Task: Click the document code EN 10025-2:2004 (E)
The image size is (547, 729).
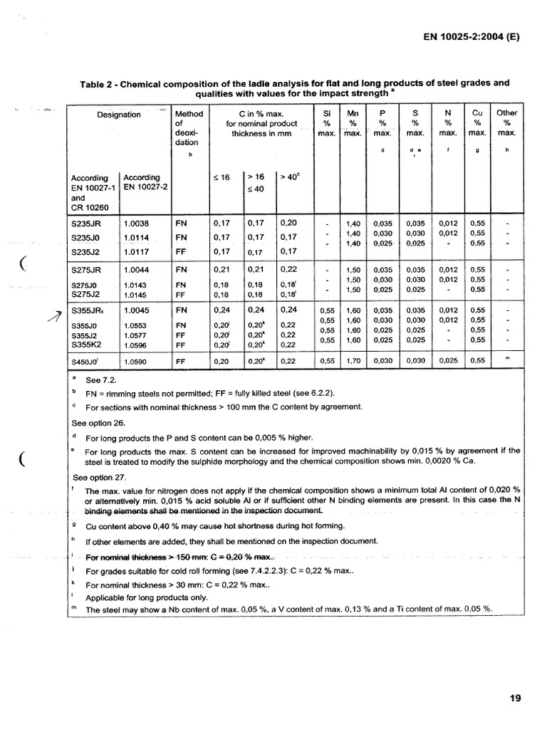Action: point(470,40)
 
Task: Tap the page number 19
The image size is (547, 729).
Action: point(515,698)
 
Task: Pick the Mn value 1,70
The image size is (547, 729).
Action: point(353,362)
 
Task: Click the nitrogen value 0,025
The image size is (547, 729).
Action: point(447,362)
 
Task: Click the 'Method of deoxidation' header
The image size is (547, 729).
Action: point(188,128)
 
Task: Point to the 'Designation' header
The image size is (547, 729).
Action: point(119,115)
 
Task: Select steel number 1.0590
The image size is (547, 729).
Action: point(137,362)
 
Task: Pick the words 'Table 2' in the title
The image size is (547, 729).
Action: point(100,83)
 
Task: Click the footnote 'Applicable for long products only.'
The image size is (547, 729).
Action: point(147,597)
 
